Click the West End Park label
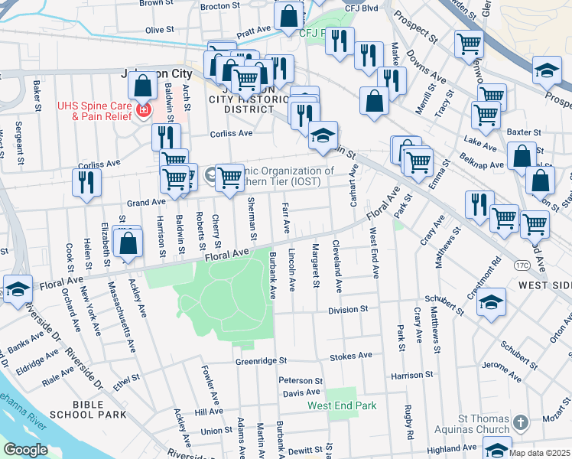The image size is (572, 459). point(342,405)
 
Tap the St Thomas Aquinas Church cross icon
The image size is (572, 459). point(521,422)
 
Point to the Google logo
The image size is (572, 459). point(25,450)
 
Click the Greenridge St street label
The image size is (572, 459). point(260,360)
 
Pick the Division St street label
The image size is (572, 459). point(348,310)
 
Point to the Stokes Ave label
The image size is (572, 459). point(350,356)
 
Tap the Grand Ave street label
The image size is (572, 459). point(146,202)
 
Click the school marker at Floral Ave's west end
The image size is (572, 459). point(18,289)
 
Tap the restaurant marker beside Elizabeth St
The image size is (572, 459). point(86,182)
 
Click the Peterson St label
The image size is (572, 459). point(296,380)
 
